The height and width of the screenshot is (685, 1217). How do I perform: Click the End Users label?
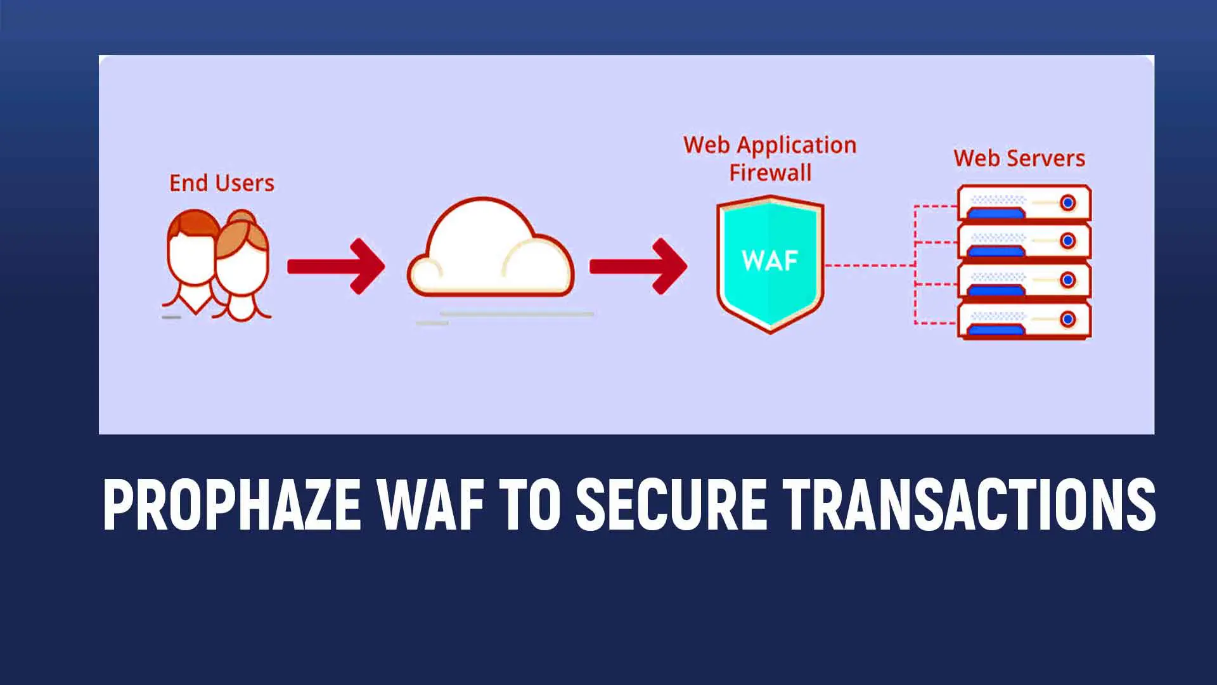pyautogui.click(x=221, y=183)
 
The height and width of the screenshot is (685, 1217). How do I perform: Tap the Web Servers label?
pyautogui.click(x=1019, y=159)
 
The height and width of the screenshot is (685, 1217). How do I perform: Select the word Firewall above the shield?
pyautogui.click(x=770, y=173)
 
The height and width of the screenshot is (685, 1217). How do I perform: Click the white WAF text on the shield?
pyautogui.click(x=769, y=260)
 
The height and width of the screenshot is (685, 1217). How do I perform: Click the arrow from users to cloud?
pyautogui.click(x=336, y=266)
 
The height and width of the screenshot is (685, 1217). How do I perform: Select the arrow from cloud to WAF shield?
pyautogui.click(x=638, y=266)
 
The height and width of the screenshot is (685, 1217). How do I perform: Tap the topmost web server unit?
pyautogui.click(x=1024, y=203)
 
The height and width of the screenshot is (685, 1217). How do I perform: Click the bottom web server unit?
pyautogui.click(x=1024, y=320)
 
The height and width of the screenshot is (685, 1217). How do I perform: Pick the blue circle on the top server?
pyautogui.click(x=1068, y=203)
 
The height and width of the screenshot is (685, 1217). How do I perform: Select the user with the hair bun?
pyautogui.click(x=242, y=266)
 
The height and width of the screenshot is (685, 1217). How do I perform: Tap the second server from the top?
pyautogui.click(x=1024, y=242)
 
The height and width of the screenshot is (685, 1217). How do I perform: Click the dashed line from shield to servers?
pyautogui.click(x=868, y=265)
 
